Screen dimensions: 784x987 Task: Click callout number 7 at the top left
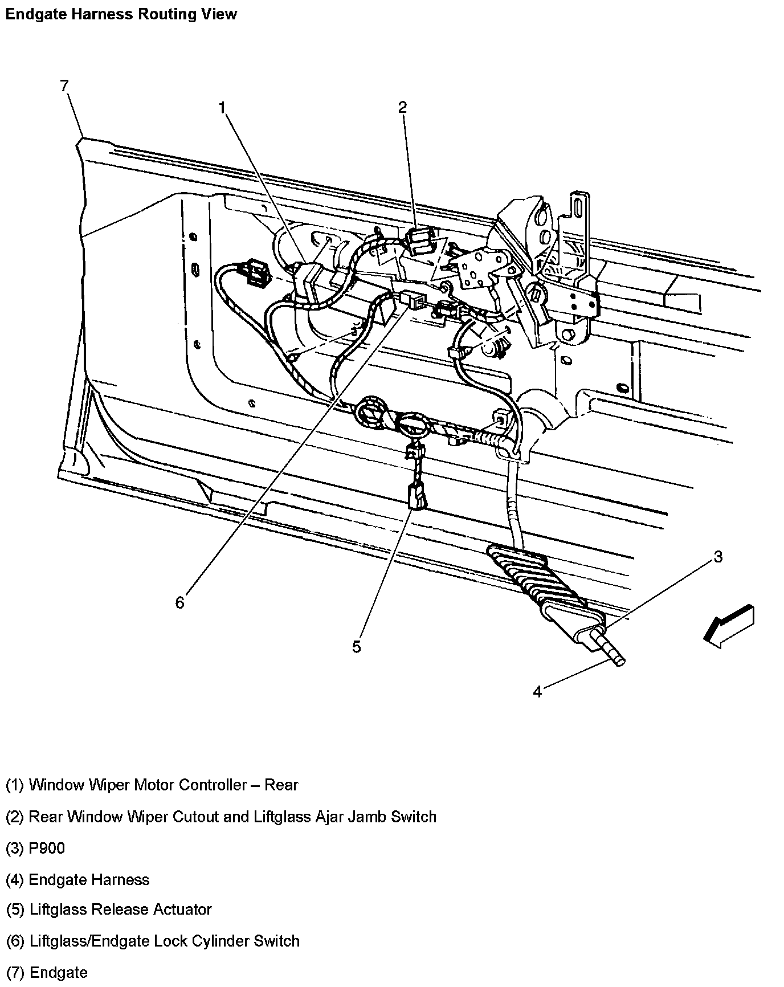[x=64, y=86]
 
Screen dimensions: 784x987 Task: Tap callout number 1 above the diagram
[x=222, y=108]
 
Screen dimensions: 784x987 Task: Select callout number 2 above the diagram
[x=402, y=107]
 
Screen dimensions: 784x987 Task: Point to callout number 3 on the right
[x=718, y=557]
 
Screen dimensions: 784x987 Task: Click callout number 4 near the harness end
[x=537, y=691]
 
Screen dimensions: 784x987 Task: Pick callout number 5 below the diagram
[x=357, y=646]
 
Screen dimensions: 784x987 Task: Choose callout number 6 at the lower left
[x=180, y=602]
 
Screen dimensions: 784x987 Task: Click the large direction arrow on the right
[x=729, y=626]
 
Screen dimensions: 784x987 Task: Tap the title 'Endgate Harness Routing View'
[x=121, y=14]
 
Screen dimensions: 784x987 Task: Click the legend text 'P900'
[x=47, y=848]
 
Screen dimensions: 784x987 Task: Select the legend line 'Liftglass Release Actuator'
[x=120, y=909]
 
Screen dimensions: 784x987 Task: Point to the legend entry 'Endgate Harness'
[x=89, y=879]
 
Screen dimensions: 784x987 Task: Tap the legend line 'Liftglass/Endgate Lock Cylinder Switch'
[x=164, y=941]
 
